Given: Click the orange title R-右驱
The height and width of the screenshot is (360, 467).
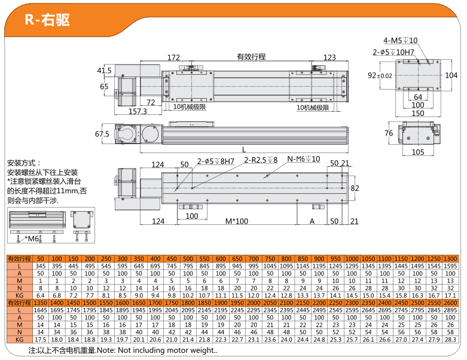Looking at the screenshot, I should (48, 20).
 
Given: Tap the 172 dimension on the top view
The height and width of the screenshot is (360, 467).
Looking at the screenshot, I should (174, 58).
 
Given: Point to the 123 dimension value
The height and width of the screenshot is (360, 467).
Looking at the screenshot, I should (329, 58).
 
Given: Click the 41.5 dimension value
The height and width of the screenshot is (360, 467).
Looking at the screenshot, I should (104, 71).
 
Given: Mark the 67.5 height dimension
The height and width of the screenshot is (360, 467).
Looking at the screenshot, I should (102, 134).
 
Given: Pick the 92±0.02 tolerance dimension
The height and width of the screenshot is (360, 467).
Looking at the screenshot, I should (380, 75).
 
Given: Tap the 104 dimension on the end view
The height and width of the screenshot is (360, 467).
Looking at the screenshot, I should (451, 75).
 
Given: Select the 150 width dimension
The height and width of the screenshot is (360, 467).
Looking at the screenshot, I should (418, 113).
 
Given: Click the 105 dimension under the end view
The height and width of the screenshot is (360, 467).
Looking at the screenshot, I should (418, 152).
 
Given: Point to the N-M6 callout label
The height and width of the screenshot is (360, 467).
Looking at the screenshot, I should (304, 159).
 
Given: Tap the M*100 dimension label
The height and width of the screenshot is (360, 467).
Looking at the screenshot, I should (237, 221).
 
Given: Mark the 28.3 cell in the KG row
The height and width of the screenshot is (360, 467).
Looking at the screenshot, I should (450, 339).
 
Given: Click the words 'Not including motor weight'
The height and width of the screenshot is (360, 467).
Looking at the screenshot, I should (158, 350).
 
